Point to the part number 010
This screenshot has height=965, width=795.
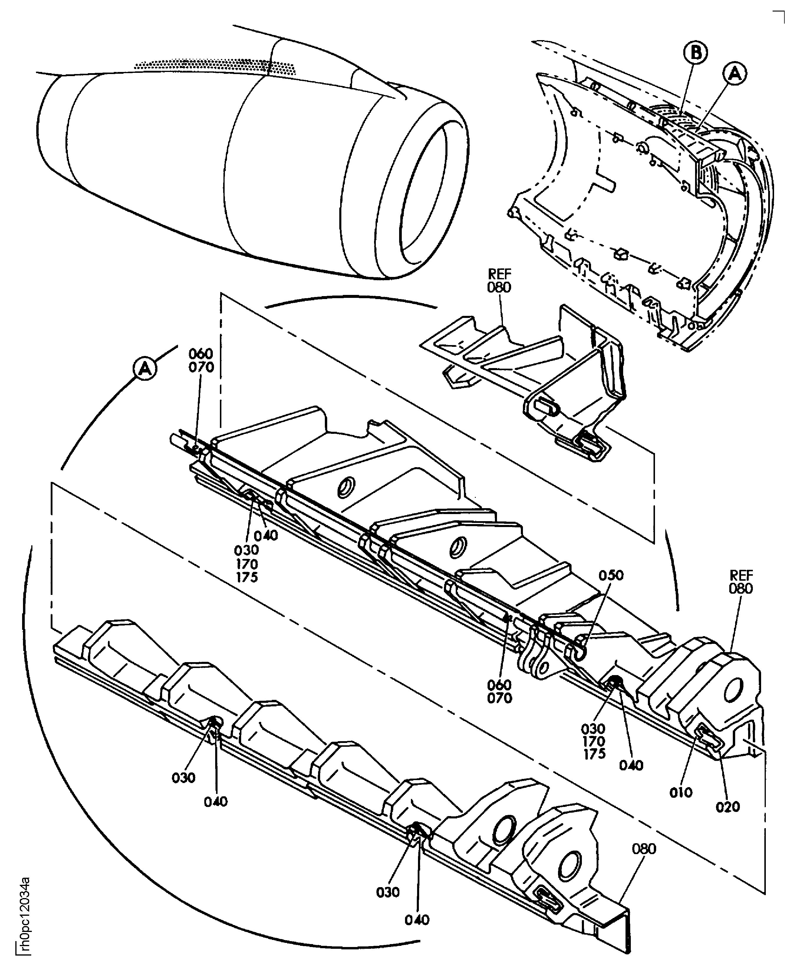click(681, 792)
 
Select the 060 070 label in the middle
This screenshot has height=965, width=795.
click(500, 691)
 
